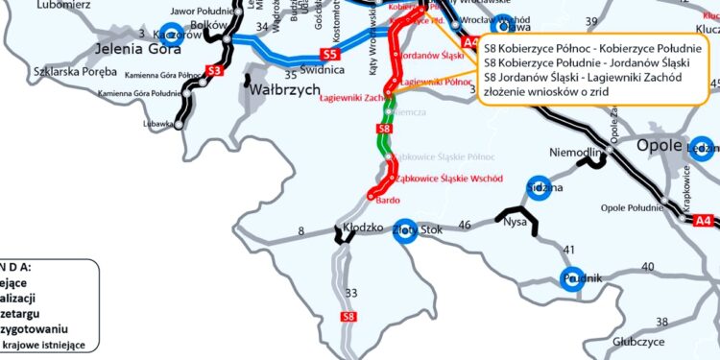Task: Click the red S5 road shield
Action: [330, 56]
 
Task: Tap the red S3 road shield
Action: [215, 70]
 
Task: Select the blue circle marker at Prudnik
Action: [573, 278]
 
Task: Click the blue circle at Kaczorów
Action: [171, 33]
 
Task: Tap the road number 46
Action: [465, 225]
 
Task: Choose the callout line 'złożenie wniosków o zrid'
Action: [547, 91]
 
